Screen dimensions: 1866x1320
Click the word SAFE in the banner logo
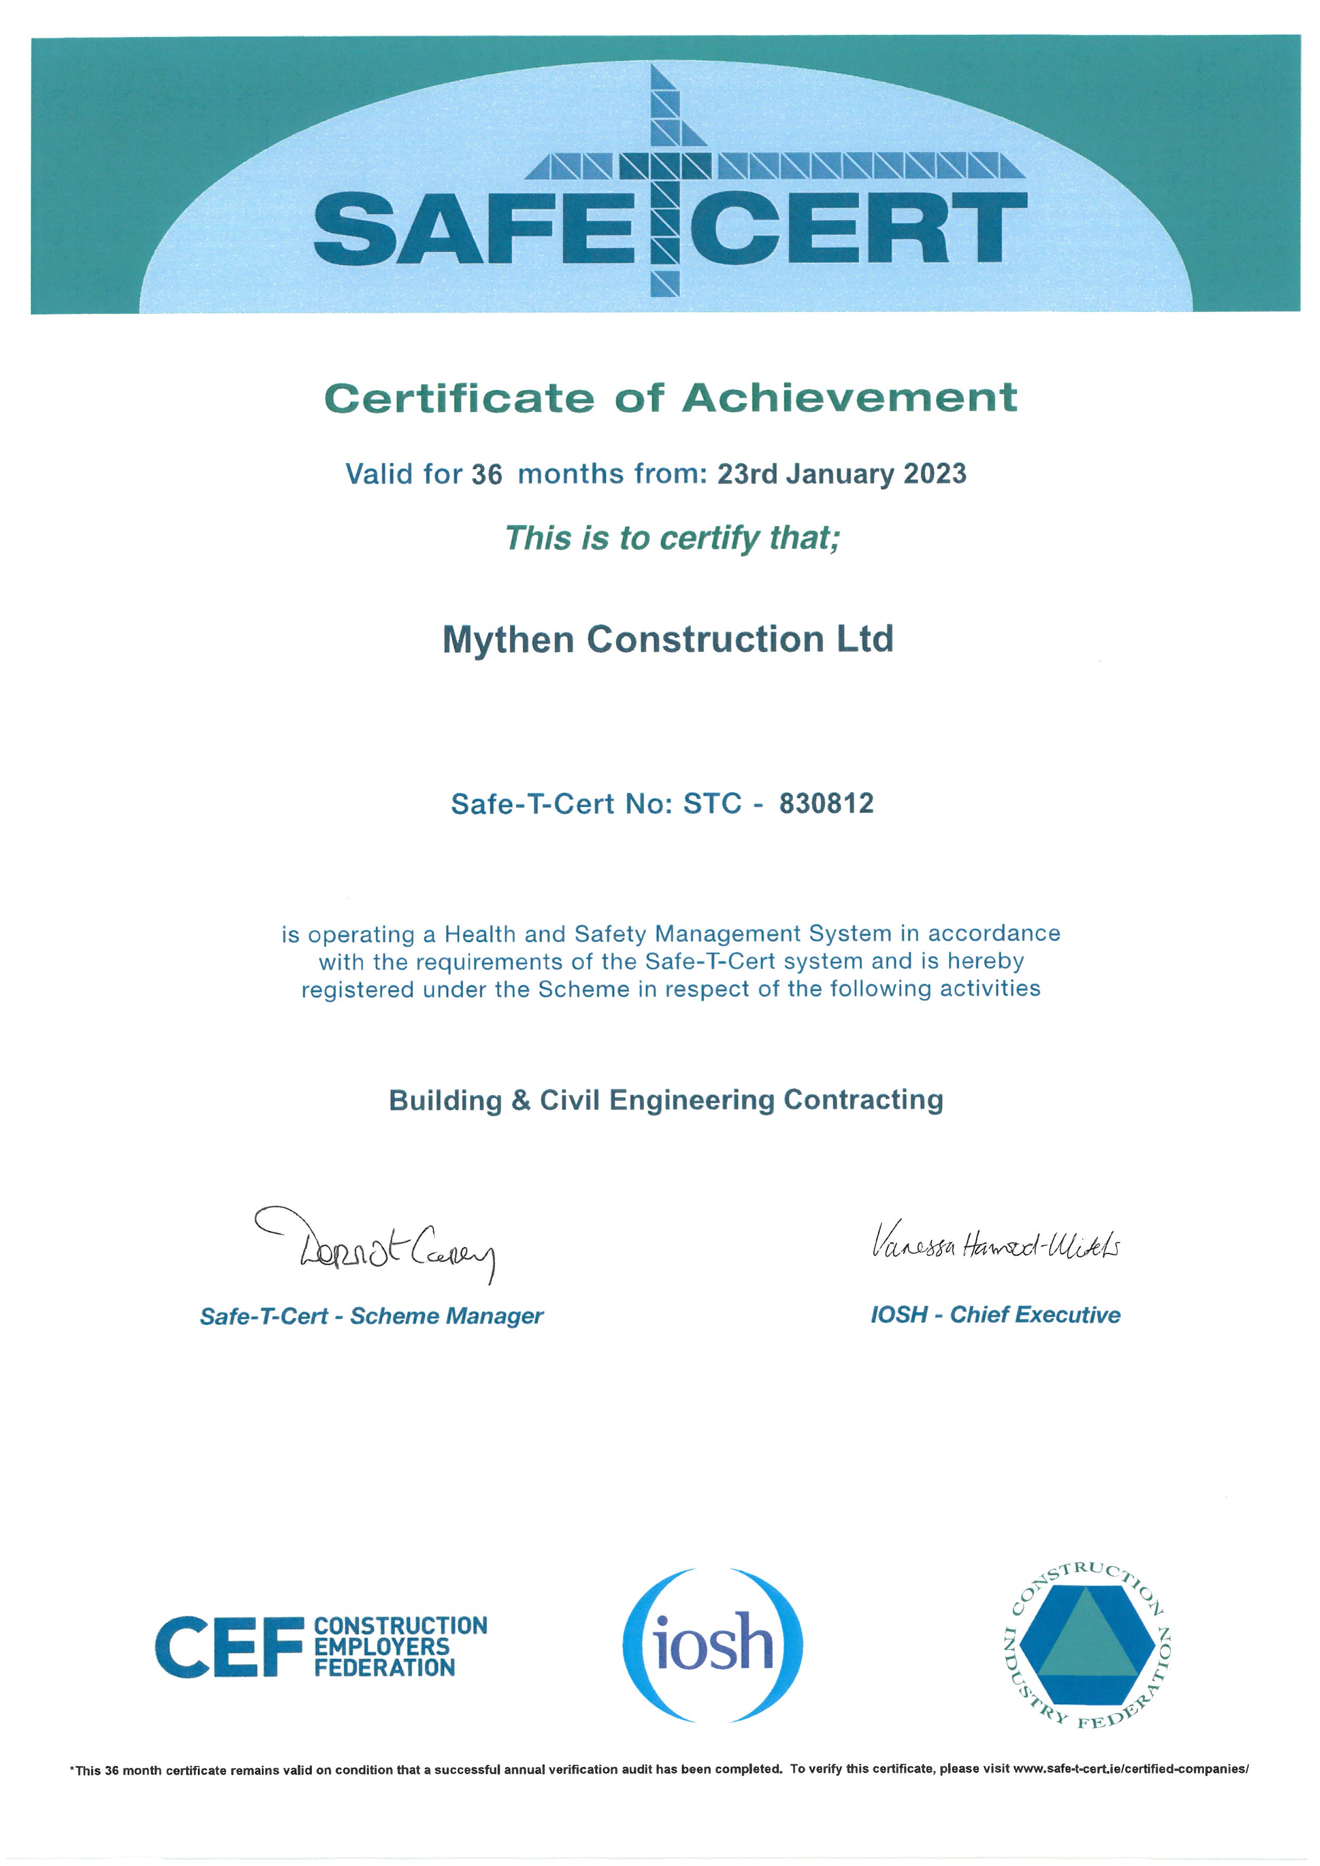pos(474,229)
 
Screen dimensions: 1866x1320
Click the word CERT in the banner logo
pos(857,229)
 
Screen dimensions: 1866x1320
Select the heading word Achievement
pos(849,398)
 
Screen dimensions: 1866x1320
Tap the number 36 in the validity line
pos(487,475)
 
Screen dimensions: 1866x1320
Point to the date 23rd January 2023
pos(841,474)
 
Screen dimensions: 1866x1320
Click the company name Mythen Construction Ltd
pos(667,639)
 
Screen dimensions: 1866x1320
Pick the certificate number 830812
pos(826,804)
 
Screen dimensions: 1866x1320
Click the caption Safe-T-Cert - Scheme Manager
pos(372,1316)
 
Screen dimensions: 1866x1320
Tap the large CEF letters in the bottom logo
pos(228,1647)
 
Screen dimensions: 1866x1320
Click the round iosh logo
pos(712,1646)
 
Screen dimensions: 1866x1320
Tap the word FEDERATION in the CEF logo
pos(384,1668)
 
